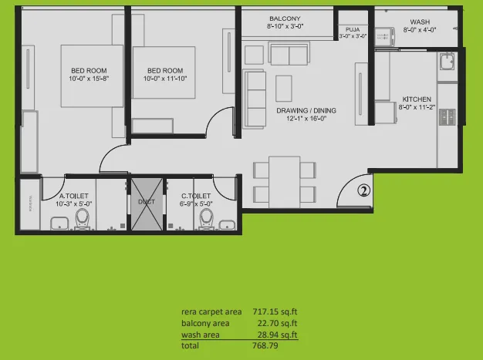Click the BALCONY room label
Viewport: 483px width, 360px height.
tap(285, 19)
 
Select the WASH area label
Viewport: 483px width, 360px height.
tap(420, 22)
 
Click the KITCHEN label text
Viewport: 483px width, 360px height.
tap(417, 99)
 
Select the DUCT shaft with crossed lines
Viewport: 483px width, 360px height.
tap(147, 203)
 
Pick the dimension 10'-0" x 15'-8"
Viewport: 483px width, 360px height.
tap(91, 79)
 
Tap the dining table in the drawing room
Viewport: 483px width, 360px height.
tap(284, 180)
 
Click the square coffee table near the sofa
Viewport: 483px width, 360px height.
tap(284, 84)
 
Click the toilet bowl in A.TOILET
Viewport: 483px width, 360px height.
tap(83, 220)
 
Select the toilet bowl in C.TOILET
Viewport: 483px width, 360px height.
tap(205, 220)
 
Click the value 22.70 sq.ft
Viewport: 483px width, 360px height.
tap(279, 323)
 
